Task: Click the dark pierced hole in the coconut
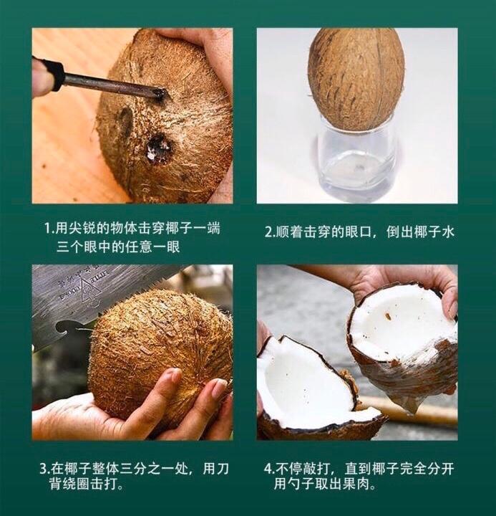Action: (x=158, y=150)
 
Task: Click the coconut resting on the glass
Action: (x=356, y=78)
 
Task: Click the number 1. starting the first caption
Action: (x=49, y=229)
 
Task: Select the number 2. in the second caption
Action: (x=270, y=232)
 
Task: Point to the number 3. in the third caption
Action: (x=44, y=469)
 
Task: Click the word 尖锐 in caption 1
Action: (x=82, y=228)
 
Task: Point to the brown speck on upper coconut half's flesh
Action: (x=388, y=316)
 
